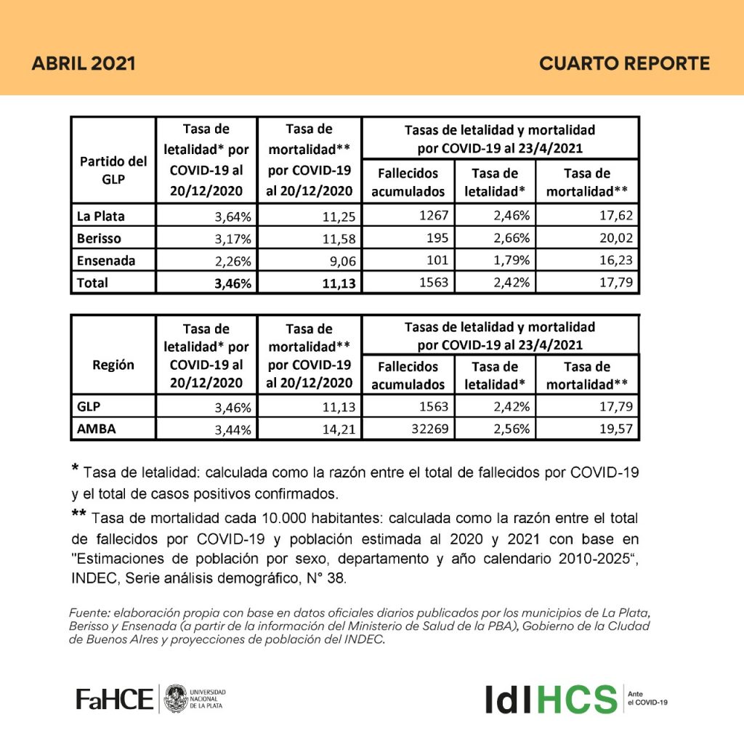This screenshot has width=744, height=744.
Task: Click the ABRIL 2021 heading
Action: (84, 63)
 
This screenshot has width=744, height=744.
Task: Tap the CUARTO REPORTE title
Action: (624, 63)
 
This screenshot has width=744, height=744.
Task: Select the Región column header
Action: (113, 365)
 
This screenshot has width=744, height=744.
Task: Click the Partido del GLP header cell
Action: (113, 170)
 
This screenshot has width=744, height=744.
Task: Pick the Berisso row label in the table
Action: (99, 238)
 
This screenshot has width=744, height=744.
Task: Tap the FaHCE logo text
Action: (115, 699)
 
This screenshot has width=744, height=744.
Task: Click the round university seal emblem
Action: (174, 699)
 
